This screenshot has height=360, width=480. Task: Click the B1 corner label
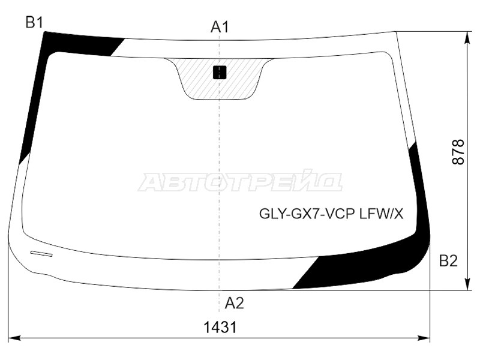[34, 22]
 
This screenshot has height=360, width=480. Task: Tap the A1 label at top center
[220, 27]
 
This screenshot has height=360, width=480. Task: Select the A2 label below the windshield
[234, 304]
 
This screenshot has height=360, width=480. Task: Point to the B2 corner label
[448, 261]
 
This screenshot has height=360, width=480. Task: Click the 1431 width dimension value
[220, 328]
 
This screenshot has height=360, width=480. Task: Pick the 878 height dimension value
[458, 152]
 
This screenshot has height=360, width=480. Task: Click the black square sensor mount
[220, 73]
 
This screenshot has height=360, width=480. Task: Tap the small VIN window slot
[41, 253]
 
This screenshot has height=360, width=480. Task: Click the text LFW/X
[382, 214]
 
